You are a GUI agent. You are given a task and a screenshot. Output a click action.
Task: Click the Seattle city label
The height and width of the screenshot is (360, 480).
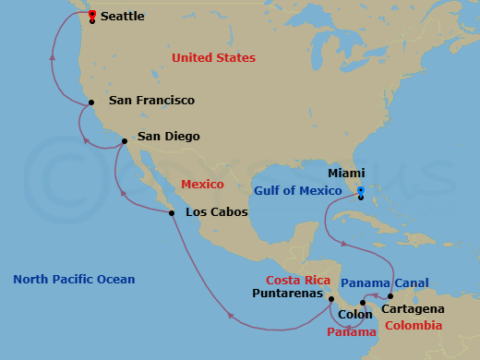122,17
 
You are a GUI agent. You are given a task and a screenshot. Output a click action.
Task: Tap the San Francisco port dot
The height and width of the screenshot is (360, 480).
91,102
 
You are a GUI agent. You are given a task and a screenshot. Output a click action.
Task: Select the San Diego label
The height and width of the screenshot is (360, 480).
168,137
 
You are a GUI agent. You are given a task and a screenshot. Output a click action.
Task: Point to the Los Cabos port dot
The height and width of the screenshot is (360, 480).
172,214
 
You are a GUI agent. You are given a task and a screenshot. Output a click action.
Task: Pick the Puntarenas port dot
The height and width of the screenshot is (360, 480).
331,298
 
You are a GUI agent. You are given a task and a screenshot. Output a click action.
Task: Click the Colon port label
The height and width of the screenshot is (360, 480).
355,315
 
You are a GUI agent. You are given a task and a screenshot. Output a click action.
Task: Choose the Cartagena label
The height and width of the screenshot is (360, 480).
417,308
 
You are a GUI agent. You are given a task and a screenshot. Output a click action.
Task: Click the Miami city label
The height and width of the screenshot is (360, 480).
346,173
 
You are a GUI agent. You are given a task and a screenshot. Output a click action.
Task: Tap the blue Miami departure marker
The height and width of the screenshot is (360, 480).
361,191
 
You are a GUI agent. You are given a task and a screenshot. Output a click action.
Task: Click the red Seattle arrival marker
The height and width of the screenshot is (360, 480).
92,14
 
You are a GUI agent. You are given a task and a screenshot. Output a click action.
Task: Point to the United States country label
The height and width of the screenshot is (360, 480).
213,57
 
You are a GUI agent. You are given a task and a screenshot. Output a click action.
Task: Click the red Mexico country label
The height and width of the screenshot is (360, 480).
202,184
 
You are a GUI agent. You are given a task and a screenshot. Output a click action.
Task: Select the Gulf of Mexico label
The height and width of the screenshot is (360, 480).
298,190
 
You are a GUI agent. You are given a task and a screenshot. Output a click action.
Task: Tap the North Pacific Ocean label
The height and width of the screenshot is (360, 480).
74,279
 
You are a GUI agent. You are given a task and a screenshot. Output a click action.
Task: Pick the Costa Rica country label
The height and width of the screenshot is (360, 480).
297,280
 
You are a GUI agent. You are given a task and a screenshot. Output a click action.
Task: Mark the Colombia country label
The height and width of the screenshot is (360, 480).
413,326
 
